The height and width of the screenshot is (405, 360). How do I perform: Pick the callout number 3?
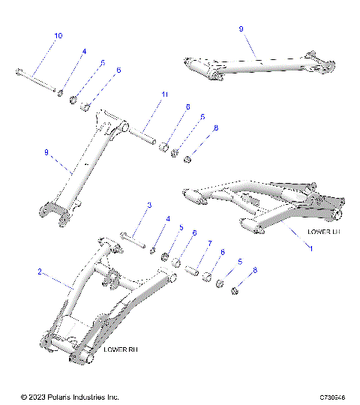[149, 205]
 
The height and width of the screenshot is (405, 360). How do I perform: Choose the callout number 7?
[210, 244]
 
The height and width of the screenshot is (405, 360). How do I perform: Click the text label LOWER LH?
[324, 232]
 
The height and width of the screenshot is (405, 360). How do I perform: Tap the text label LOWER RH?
[121, 349]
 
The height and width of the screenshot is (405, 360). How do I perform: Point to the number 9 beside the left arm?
[46, 152]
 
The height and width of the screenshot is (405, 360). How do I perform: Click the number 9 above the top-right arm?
[241, 28]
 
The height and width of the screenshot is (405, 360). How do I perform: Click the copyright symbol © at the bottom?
[24, 396]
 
